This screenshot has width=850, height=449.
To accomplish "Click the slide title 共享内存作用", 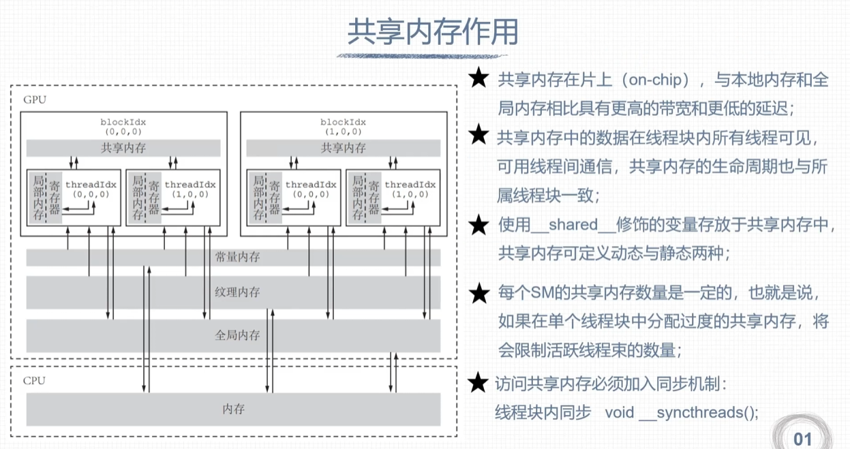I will [433, 32].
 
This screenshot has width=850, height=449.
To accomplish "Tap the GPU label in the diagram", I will [35, 99].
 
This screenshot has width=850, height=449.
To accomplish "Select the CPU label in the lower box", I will [35, 380].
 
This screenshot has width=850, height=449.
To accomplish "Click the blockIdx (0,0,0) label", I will [123, 125].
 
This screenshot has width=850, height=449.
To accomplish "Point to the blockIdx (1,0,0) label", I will [343, 125].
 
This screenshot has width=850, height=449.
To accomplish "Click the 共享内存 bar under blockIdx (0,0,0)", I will [123, 148].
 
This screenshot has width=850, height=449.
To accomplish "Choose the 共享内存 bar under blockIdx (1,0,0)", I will [343, 148].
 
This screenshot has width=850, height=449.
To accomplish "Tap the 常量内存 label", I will [237, 258].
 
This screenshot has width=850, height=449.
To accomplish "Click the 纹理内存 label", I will [237, 292].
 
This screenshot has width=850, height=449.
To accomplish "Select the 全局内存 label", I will [237, 335].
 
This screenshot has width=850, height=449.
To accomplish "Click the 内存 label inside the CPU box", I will [233, 409].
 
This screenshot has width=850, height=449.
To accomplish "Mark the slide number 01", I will [803, 437].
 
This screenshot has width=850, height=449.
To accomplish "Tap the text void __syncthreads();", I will [681, 412].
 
